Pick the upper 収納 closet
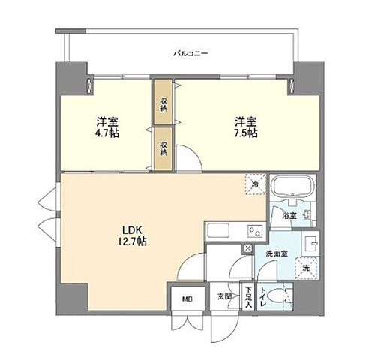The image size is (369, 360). click(163, 103)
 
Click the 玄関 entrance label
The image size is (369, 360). click(223, 296)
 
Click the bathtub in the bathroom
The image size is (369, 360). click(293, 187)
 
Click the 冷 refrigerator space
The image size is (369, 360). click(256, 184)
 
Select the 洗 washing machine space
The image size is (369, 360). click(306, 268)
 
